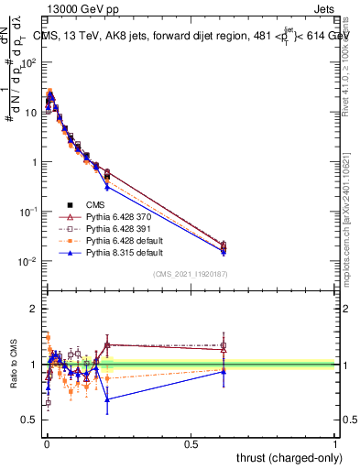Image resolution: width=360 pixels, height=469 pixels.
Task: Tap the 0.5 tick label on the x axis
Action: point(191,443)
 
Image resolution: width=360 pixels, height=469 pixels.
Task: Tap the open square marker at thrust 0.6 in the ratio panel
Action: point(224,345)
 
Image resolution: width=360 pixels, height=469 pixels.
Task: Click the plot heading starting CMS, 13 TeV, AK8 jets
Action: point(192,36)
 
